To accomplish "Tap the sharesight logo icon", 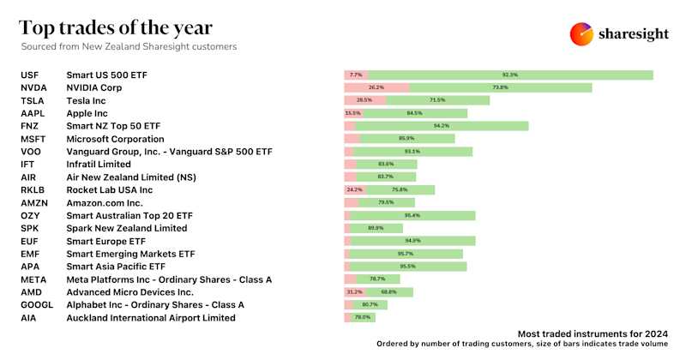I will tap(582, 33).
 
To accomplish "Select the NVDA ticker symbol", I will tap(33, 87).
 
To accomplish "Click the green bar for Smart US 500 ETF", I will tap(511, 75).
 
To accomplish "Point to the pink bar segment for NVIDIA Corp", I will tap(376, 87).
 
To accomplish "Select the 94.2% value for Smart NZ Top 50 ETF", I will tap(442, 126).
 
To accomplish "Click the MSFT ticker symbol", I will tap(33, 139).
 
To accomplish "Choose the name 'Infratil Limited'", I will tap(99, 164).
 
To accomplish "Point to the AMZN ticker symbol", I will tap(35, 202).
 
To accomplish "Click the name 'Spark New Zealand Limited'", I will tap(126, 228).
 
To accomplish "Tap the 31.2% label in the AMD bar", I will tap(353, 291).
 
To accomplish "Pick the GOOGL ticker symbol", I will tap(37, 304).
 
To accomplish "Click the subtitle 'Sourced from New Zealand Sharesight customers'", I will tap(129, 46).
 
